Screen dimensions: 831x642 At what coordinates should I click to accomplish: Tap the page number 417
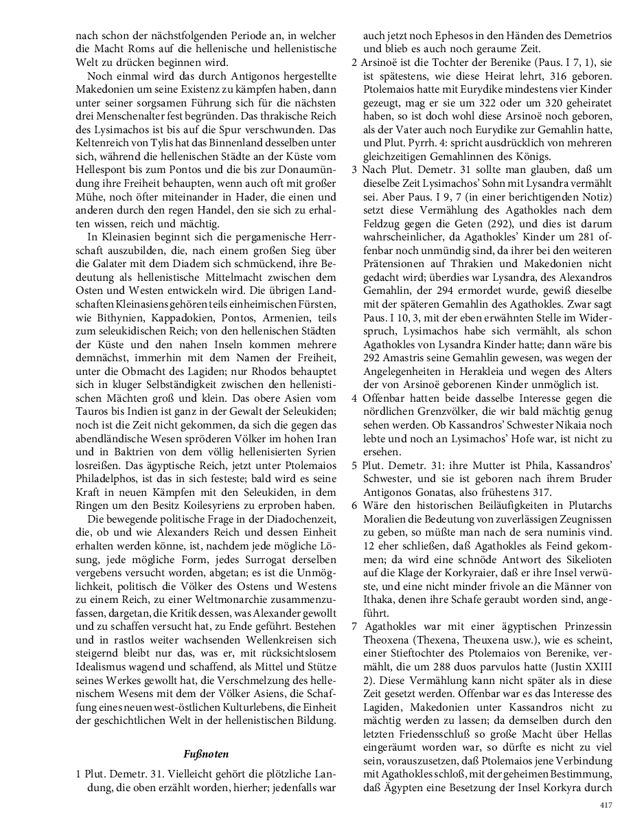(x=606, y=805)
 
